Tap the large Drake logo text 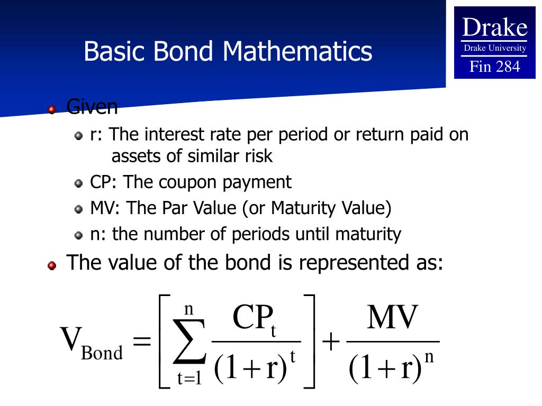point(495,27)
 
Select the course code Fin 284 point(495,66)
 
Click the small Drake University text point(495,48)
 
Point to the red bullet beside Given point(52,110)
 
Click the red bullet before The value point(52,265)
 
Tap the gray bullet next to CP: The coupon point(78,184)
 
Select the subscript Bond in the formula point(102,353)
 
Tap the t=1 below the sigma point(189,379)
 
